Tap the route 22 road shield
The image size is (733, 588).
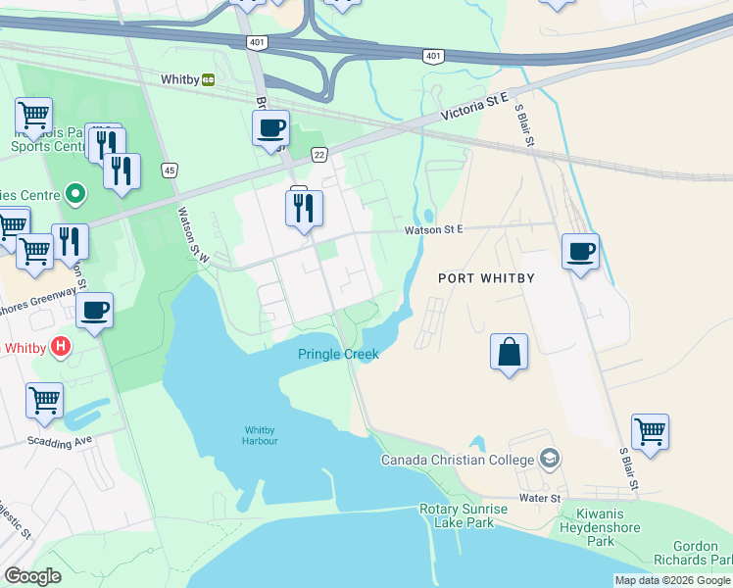click(x=319, y=155)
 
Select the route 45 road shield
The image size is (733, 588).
click(x=170, y=171)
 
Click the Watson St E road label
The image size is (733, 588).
click(x=434, y=230)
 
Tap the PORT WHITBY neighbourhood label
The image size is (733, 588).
click(x=486, y=278)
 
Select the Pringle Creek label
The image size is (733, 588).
click(x=338, y=354)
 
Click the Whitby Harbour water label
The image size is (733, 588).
click(x=261, y=435)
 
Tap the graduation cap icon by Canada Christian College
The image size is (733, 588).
click(x=550, y=460)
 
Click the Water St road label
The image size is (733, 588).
click(x=540, y=499)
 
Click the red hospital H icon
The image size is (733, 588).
click(x=61, y=347)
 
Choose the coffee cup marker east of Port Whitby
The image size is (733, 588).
click(x=580, y=252)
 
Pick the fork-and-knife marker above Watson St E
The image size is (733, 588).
click(x=304, y=208)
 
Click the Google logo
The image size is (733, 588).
click(x=32, y=576)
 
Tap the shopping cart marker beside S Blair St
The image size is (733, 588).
click(x=650, y=430)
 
